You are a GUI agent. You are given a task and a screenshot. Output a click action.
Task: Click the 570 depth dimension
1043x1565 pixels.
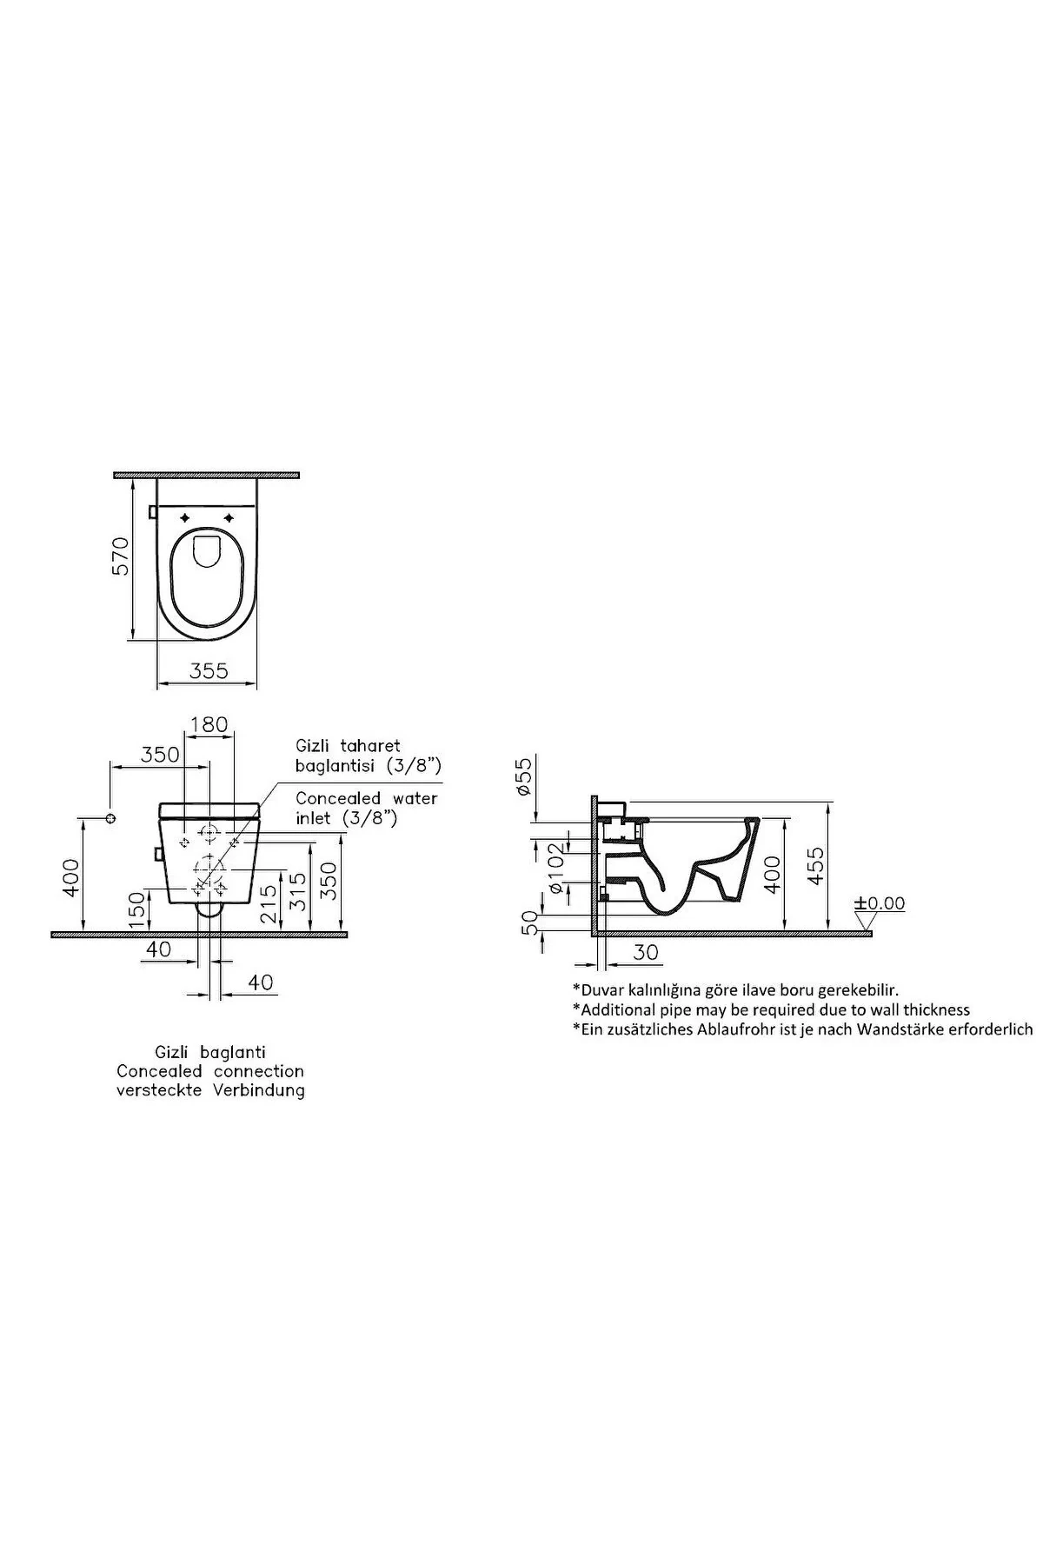pyautogui.click(x=119, y=556)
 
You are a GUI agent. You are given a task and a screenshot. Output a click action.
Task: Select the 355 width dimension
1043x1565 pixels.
pyautogui.click(x=209, y=670)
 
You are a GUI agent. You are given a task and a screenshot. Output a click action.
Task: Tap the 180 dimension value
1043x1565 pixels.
pyautogui.click(x=209, y=724)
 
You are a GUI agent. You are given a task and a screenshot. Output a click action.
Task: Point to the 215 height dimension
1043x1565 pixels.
pyautogui.click(x=268, y=904)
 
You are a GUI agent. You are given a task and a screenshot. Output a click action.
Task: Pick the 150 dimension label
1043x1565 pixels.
pyautogui.click(x=136, y=909)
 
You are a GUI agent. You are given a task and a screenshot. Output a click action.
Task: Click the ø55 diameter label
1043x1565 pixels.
pyautogui.click(x=522, y=776)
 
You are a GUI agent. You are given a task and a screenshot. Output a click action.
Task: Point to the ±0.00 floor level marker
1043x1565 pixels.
pyautogui.click(x=880, y=903)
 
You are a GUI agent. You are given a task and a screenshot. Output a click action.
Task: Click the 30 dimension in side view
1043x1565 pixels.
pyautogui.click(x=646, y=952)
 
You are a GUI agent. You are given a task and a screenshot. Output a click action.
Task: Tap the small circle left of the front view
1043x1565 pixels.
pyautogui.click(x=110, y=819)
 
